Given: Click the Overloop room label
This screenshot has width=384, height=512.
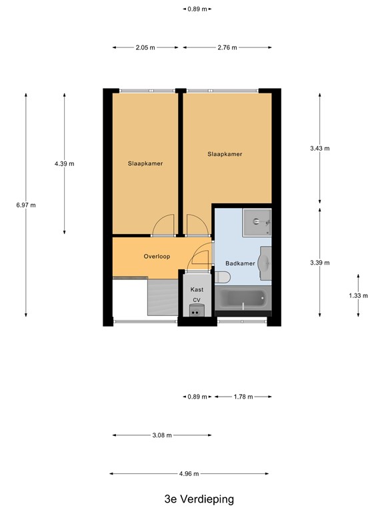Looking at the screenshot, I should [x=157, y=256].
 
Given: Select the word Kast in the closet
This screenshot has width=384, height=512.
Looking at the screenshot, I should [x=197, y=289].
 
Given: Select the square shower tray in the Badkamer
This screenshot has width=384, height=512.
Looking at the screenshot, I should [x=257, y=223].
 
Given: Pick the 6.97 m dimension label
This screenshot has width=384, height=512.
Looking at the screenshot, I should [x=26, y=205].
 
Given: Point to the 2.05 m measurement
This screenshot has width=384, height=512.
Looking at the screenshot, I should [x=145, y=48].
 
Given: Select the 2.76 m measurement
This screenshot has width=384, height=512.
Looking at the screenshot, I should [x=227, y=48].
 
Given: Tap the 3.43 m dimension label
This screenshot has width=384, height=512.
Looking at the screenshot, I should [x=320, y=149].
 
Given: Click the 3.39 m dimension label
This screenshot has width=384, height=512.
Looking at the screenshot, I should [x=320, y=263].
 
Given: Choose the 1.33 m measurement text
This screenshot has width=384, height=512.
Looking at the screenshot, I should [x=358, y=295].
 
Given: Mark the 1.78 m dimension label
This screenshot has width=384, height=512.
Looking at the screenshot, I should [x=243, y=397].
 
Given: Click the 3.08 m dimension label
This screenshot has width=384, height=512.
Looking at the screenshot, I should [x=162, y=435].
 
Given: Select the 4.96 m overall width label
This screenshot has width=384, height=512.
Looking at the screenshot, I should [x=189, y=474].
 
